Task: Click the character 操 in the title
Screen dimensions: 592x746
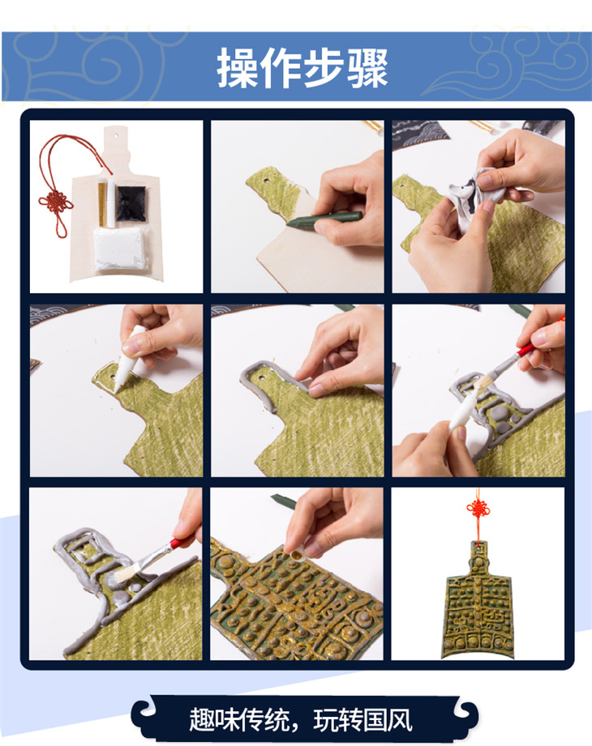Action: (238, 67)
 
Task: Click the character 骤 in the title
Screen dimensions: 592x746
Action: (367, 67)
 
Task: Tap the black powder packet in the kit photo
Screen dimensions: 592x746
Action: (131, 203)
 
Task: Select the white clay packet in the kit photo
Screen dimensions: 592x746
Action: (118, 248)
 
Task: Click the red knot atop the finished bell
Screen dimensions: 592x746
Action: (478, 511)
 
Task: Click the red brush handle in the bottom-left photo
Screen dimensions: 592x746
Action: (182, 541)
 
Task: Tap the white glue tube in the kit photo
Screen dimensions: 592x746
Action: (111, 203)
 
